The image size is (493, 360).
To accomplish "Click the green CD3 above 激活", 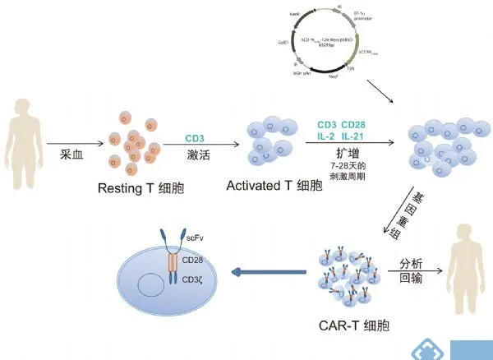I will pos(195,137).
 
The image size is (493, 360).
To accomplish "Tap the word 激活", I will pos(195,155).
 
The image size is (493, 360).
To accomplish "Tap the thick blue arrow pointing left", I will pos(264,270).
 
